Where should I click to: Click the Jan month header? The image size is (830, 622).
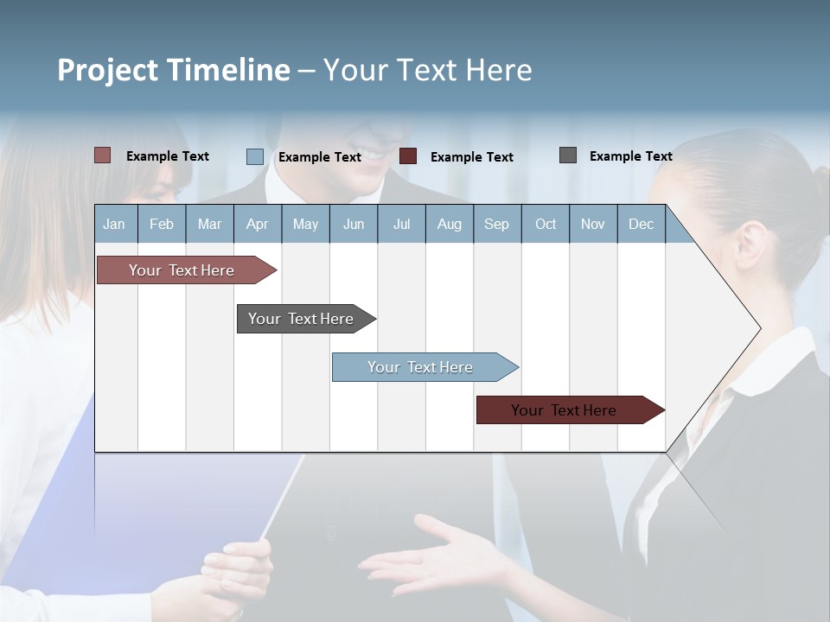[x=114, y=224]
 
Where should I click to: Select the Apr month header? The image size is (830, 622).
[x=257, y=224]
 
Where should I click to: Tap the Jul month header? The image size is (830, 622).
[x=401, y=224]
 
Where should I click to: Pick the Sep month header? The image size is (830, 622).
[x=496, y=224]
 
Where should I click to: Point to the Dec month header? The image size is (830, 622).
[x=641, y=224]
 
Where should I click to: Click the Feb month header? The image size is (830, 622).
[x=162, y=224]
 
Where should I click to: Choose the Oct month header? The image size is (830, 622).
[x=546, y=224]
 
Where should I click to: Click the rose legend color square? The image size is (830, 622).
[x=102, y=155]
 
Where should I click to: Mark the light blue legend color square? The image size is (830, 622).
[x=254, y=156]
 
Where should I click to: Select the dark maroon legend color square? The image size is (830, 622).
[x=408, y=156]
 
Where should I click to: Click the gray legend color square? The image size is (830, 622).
[x=568, y=155]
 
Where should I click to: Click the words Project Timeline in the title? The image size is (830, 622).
[x=173, y=70]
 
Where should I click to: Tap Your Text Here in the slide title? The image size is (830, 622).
[x=427, y=70]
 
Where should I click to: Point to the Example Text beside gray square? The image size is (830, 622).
[x=630, y=156]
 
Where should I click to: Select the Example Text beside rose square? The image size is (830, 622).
[x=167, y=156]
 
